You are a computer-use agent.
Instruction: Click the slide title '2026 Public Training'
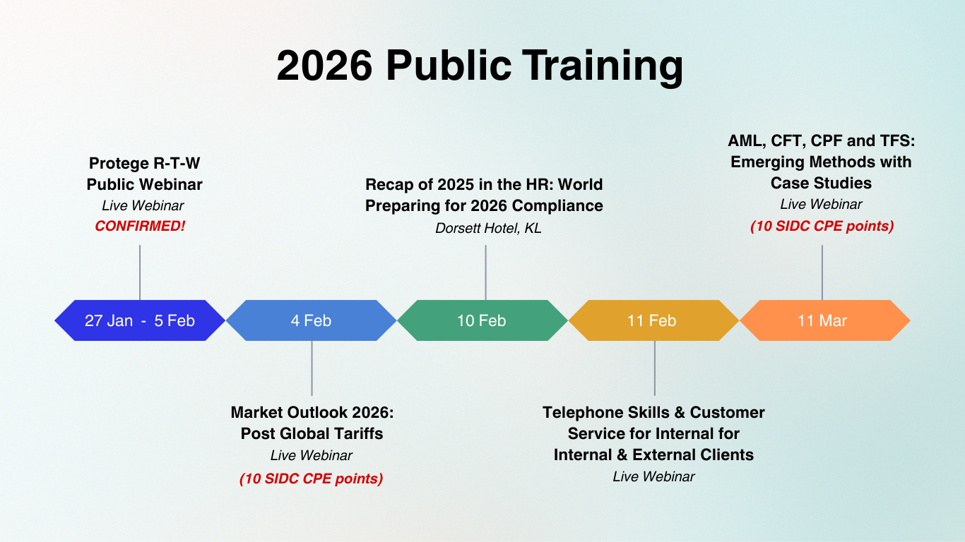click(480, 66)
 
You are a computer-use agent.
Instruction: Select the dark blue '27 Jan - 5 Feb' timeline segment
click(140, 320)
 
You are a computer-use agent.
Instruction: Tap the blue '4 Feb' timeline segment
click(311, 320)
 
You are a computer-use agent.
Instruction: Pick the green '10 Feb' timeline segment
click(482, 320)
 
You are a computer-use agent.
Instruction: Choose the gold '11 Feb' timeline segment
click(653, 320)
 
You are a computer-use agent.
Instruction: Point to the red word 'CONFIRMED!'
click(140, 226)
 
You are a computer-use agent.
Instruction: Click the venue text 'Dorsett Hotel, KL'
click(488, 228)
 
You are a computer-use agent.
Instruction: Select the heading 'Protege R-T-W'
click(144, 163)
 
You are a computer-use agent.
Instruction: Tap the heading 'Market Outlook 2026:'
click(312, 412)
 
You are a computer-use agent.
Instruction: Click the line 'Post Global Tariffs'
click(312, 433)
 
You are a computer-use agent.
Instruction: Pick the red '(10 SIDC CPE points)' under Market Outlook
click(311, 478)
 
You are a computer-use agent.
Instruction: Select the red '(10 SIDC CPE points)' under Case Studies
click(822, 226)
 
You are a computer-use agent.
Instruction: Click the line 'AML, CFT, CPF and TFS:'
click(821, 140)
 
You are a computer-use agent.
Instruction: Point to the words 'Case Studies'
click(821, 183)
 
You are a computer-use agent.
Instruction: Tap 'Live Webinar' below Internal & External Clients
click(653, 476)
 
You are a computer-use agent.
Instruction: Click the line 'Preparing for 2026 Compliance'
click(484, 206)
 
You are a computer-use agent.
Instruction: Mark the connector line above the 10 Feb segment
click(485, 272)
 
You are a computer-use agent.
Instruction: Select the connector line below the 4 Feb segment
click(312, 368)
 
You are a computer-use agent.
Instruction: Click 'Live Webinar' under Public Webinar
click(143, 205)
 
